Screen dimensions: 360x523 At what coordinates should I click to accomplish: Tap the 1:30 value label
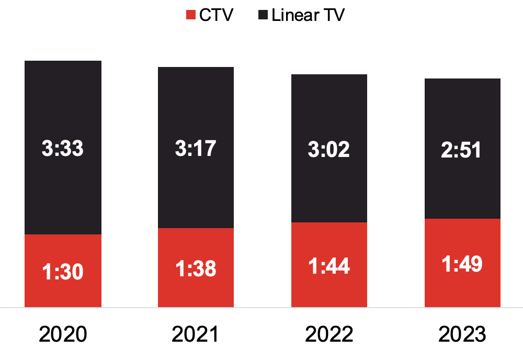(x=63, y=272)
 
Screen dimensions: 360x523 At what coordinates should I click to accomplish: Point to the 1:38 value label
(x=196, y=269)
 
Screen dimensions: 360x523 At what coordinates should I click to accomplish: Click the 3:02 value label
(x=329, y=150)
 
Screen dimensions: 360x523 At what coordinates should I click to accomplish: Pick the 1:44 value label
(x=329, y=266)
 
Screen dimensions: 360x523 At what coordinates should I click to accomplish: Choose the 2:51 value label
(x=462, y=151)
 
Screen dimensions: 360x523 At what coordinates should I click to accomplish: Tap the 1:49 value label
(x=462, y=264)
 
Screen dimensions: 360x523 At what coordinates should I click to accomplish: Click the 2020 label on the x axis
(x=63, y=334)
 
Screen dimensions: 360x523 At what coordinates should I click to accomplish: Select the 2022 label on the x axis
(x=329, y=334)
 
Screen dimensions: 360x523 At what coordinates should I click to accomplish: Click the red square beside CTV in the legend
(x=191, y=15)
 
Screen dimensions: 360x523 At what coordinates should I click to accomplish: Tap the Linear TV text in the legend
(x=308, y=15)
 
